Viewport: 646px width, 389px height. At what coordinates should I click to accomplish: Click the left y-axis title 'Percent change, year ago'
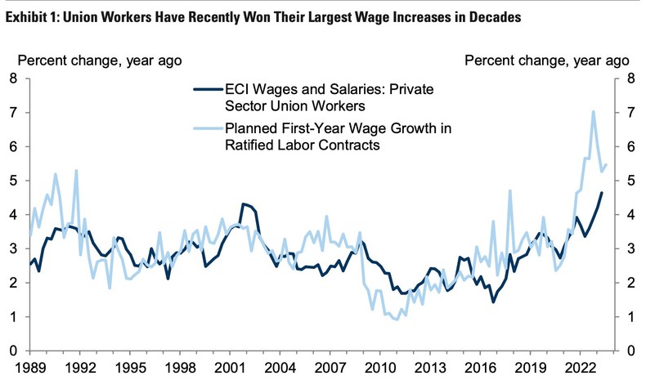(100, 60)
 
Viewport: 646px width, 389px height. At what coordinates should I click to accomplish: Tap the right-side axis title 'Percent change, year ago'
(546, 60)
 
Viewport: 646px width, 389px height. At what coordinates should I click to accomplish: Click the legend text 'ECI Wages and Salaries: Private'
(319, 91)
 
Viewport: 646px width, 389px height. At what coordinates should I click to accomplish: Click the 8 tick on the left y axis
(11, 78)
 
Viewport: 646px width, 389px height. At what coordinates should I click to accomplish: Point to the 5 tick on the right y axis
(632, 181)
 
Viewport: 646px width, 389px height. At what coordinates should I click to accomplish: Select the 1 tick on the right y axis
(632, 317)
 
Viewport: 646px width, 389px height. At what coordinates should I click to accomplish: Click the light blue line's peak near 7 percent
(593, 111)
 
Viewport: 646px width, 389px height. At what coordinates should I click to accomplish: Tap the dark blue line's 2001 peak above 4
(243, 203)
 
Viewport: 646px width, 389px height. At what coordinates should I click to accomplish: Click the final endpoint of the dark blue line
(603, 193)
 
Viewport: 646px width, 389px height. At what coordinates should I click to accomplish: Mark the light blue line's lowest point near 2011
(397, 320)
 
